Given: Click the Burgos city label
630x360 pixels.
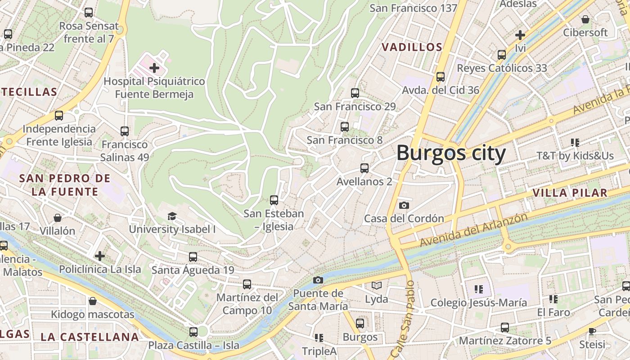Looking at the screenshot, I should pos(451,153).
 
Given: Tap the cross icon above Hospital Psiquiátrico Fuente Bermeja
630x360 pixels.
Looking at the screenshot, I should pos(154,68).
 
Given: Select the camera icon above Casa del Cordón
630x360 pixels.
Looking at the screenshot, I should pos(404,206).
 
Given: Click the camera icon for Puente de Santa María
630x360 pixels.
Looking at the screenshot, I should pos(318,280).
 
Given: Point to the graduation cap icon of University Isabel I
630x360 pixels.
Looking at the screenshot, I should pos(172,216).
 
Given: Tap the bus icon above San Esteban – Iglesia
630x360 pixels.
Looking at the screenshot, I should pos(274,200).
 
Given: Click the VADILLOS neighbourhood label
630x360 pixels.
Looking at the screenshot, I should pos(412,47).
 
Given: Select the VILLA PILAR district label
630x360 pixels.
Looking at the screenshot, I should pos(570,193).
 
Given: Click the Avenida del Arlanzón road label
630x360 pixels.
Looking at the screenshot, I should pos(473,230).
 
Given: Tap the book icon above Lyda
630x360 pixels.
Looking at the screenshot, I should pos(376,285).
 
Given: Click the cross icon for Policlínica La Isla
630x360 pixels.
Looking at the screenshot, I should pos(100,256).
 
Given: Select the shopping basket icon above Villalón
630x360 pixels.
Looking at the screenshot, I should pos(58,218).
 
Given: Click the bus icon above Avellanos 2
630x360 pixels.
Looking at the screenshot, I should pos(364,169).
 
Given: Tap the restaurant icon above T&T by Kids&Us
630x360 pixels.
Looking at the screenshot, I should pos(575,143).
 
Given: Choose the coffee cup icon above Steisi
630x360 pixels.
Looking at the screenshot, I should pos(592,332).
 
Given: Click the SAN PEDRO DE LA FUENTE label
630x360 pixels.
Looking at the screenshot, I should pos(65,185).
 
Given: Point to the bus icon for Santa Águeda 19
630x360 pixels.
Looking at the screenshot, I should pos(193,257).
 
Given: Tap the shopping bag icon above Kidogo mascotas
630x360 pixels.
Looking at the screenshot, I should pos(93,301).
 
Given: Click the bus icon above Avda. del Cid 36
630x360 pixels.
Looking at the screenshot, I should pos(441,77).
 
